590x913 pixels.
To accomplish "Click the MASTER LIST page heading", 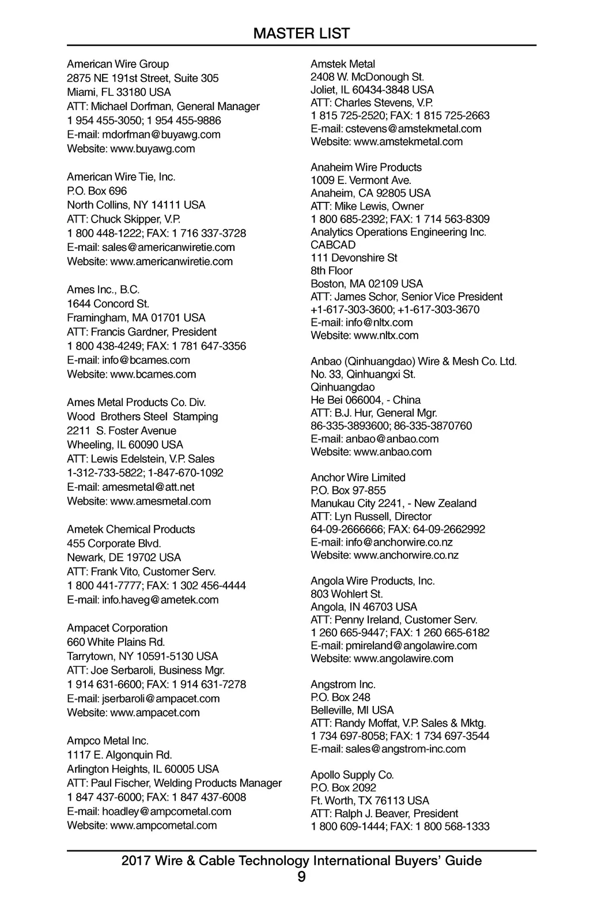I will (x=301, y=33).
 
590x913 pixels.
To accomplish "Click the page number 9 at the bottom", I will (x=301, y=877).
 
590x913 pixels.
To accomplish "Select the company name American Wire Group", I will (x=118, y=64).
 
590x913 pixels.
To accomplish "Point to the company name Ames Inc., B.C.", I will (x=103, y=290).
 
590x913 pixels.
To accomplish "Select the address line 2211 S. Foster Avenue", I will (x=122, y=431).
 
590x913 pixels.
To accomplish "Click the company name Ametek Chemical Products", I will (x=131, y=529).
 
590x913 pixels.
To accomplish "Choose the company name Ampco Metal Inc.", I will (x=108, y=741).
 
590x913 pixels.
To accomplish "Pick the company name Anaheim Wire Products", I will (x=366, y=167).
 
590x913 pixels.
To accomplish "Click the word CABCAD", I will (x=333, y=245).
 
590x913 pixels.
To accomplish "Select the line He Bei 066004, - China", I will (x=365, y=400).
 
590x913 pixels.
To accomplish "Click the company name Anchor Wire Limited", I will (x=358, y=478).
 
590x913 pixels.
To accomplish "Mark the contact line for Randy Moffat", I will (x=398, y=723).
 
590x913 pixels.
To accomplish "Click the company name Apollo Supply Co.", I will (x=352, y=775).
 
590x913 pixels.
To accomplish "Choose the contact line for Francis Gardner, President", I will (x=142, y=332).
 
